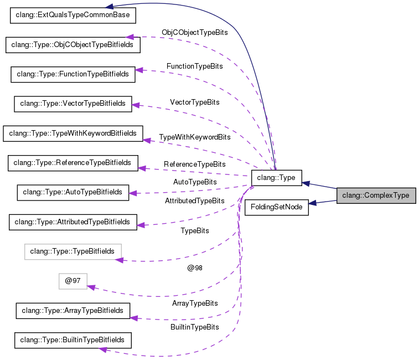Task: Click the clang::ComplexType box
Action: pos(376,196)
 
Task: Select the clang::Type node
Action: pos(276,178)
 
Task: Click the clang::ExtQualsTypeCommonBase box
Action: pos(74,15)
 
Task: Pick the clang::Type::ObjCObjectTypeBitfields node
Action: pos(73,44)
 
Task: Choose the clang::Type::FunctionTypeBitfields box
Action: pos(73,74)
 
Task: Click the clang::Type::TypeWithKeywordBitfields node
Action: pos(73,133)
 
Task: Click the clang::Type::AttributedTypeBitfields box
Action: pos(73,222)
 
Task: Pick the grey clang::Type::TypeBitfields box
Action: pos(73,251)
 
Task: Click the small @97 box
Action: pos(73,281)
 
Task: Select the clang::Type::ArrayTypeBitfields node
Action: pos(73,311)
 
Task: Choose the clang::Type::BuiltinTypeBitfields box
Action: pos(73,340)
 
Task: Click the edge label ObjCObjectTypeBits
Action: pos(194,33)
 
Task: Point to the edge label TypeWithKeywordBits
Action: pos(194,137)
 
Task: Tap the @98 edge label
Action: pos(195,268)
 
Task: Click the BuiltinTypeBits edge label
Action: pos(194,327)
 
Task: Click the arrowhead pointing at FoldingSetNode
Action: pos(313,203)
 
